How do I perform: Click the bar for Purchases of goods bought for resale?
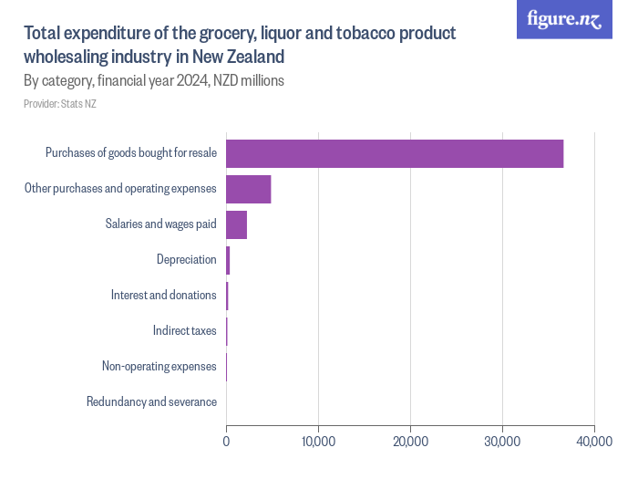[395, 154]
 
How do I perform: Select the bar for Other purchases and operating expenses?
[248, 189]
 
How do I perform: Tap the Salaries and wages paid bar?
[236, 224]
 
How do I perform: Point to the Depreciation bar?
[228, 260]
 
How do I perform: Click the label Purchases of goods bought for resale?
[131, 153]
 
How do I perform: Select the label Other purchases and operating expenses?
[119, 189]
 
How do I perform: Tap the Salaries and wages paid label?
[160, 224]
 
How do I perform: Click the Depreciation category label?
[186, 260]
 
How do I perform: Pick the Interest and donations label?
[163, 295]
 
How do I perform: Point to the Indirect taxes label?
[184, 330]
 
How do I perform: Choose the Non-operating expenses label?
[159, 366]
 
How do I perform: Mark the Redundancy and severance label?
[151, 401]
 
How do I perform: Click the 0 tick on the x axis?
[226, 442]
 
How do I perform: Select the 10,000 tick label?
[318, 442]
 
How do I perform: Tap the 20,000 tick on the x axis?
[410, 442]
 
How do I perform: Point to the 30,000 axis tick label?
[502, 442]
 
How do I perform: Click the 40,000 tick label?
[594, 442]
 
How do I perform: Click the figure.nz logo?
[564, 19]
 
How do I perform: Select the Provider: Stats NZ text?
[60, 104]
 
